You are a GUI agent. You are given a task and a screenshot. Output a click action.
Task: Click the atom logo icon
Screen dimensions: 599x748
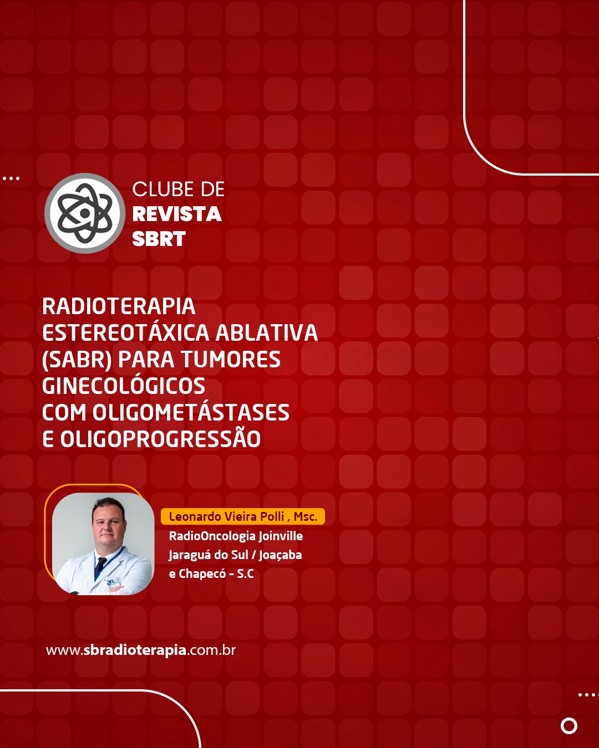point(84,213)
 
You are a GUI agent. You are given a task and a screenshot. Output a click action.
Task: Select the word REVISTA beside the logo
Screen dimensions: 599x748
point(177,214)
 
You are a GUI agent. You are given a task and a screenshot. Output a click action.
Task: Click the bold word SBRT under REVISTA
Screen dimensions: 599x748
point(159,239)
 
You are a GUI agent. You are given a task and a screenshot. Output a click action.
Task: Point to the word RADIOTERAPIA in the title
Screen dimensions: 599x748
point(118,306)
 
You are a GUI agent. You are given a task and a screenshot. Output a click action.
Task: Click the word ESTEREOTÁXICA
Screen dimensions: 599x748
point(126,332)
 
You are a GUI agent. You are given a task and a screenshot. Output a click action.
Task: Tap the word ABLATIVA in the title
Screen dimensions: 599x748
point(267,332)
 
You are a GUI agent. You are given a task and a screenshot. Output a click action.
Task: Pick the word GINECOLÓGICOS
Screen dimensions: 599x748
point(124,386)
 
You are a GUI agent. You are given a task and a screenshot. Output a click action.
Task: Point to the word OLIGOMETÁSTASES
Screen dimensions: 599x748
point(191,413)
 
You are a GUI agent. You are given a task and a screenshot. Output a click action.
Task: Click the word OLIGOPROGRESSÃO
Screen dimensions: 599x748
point(160,439)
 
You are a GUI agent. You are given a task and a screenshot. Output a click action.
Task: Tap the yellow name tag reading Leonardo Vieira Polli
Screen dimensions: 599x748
point(242,516)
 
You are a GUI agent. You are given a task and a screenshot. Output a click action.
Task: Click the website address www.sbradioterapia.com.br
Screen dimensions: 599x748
point(141,650)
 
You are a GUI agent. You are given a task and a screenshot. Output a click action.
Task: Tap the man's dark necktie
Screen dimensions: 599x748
point(100,568)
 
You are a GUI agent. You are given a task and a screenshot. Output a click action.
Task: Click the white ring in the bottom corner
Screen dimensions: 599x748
point(569,726)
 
